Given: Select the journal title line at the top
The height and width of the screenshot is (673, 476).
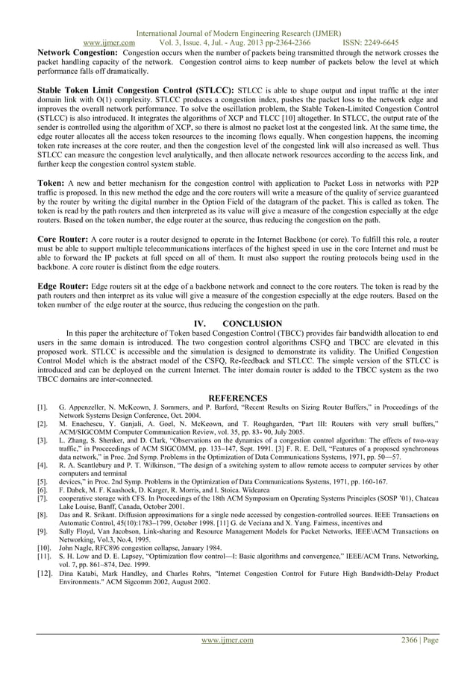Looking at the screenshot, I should pyautogui.click(x=237, y=32).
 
